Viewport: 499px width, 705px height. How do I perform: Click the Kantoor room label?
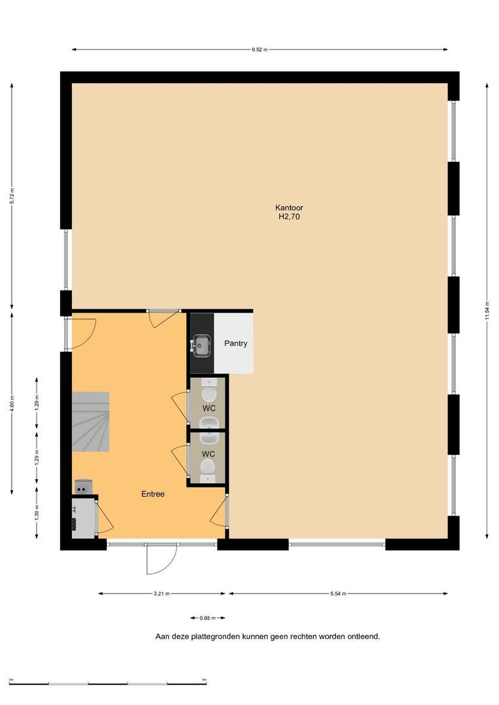289,208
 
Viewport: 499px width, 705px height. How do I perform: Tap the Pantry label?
236,343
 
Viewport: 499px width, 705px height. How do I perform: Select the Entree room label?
153,493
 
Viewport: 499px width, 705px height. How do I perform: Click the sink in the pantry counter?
201,345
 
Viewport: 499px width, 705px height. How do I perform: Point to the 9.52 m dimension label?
260,50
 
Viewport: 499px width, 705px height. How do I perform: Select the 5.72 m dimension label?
12,196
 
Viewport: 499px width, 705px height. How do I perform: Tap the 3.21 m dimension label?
161,593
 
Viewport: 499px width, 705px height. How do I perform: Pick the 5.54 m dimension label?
338,593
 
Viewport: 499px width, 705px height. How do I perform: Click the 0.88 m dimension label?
208,618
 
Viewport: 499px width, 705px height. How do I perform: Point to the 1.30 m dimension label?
37,512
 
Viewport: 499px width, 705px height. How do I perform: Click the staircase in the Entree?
90,422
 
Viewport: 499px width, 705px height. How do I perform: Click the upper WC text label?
209,408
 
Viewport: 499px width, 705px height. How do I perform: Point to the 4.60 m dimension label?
12,404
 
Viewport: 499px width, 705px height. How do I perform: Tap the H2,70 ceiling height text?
289,217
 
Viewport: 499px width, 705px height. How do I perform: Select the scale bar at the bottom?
108,683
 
